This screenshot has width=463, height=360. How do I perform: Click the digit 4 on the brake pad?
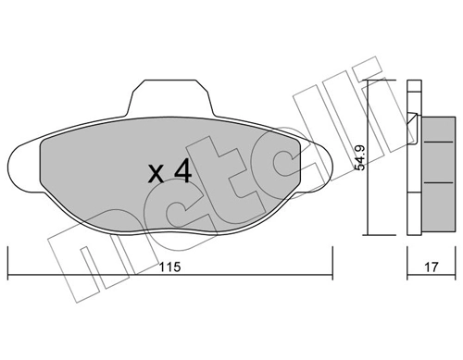(181, 170)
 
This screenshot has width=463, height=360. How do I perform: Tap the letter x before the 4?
(158, 173)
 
